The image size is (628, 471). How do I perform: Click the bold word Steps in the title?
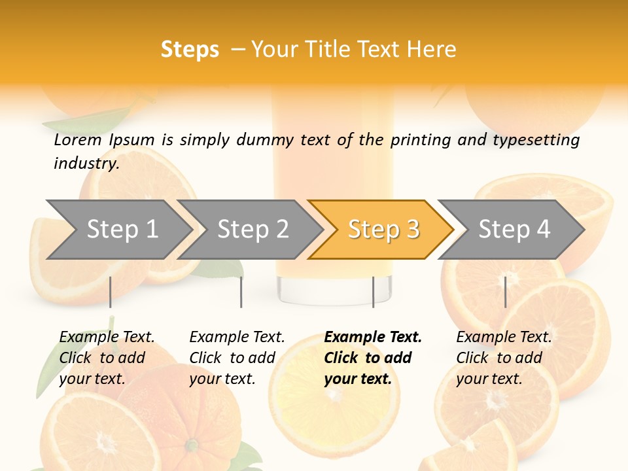(190, 50)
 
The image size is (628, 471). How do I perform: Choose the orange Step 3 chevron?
(383, 229)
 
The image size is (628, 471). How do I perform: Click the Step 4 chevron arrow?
(514, 229)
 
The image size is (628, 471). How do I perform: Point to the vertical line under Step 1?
(110, 292)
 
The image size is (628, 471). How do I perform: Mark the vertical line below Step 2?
(241, 292)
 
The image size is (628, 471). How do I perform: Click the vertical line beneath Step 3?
(373, 292)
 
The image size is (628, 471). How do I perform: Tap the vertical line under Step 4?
(505, 292)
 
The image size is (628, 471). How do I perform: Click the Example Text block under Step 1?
(107, 358)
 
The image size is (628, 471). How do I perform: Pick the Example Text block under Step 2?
(237, 358)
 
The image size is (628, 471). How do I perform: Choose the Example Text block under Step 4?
(504, 358)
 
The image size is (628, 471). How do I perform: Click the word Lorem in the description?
(78, 139)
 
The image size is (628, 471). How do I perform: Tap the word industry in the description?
(86, 163)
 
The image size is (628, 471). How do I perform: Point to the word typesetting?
(536, 140)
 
